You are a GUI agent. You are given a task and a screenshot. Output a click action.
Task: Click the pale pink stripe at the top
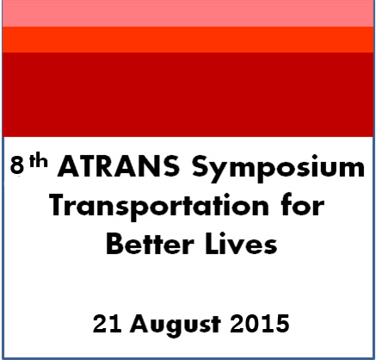188,13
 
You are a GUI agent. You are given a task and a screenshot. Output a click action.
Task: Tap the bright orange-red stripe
188,40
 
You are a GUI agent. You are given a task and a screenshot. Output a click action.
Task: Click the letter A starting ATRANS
70,168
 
